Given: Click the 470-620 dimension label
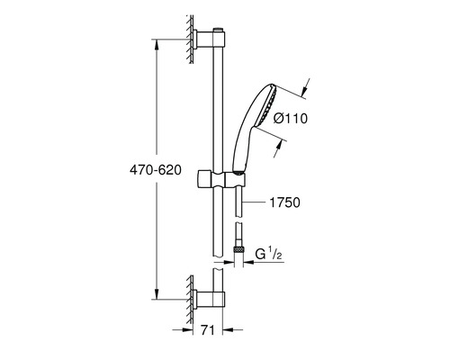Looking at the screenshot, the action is [x=156, y=170].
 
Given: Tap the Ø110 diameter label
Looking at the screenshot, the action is [x=291, y=119].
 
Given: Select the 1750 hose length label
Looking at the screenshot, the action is [x=284, y=202].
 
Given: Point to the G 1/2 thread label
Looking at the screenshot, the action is [x=268, y=255].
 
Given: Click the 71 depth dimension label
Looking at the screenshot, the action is [x=208, y=330].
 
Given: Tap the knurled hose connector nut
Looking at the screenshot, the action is [x=238, y=249].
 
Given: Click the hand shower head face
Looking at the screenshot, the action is [x=270, y=104].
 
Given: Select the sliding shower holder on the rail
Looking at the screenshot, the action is [x=221, y=180].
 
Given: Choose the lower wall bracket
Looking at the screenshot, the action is [x=208, y=299].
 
